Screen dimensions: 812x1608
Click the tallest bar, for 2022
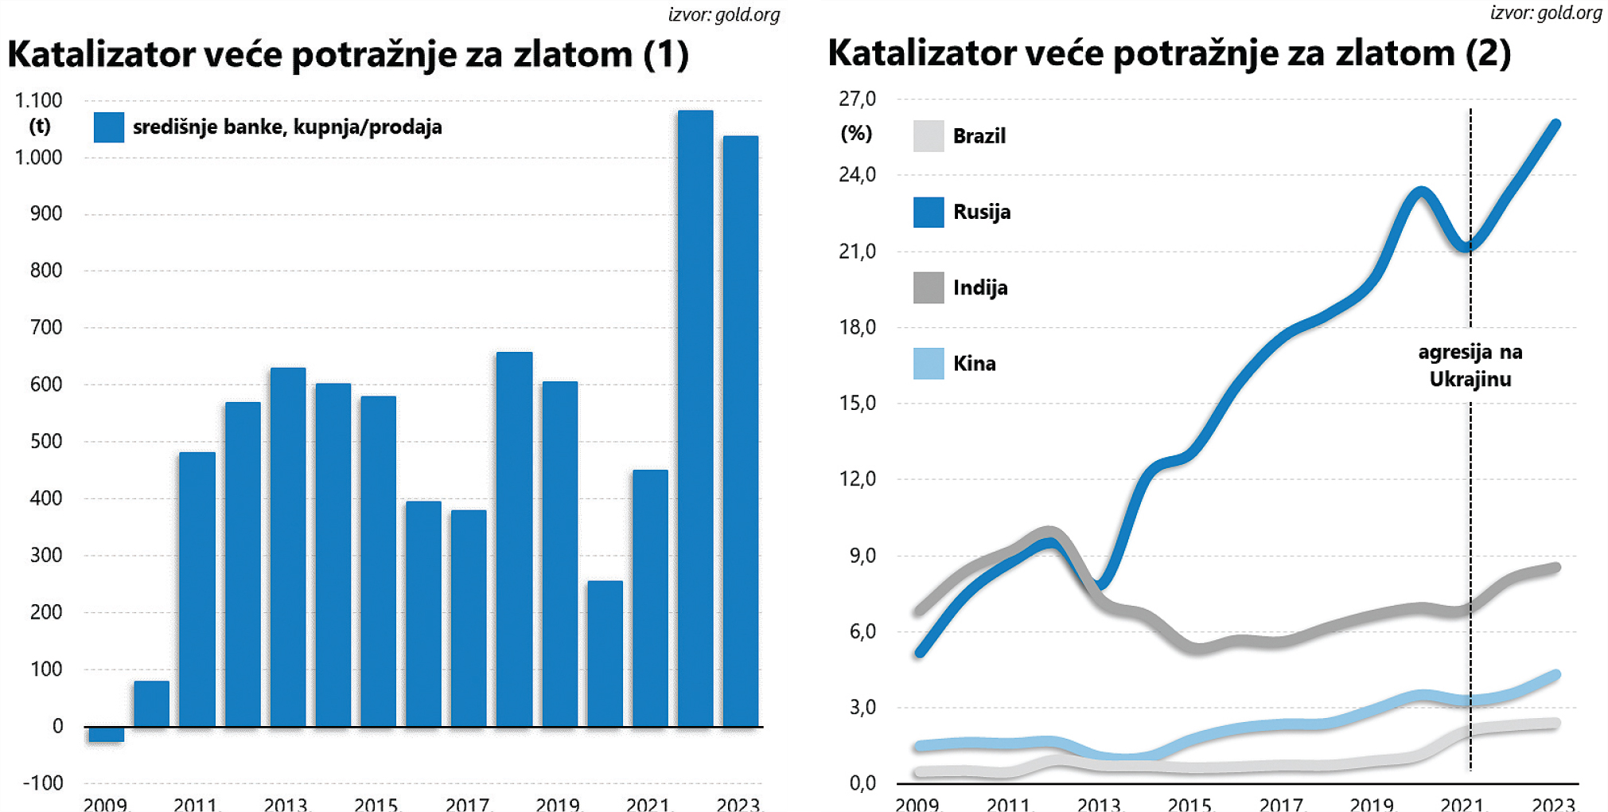(695, 418)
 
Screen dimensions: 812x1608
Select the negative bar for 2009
(106, 734)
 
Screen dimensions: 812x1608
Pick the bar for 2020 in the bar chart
(605, 654)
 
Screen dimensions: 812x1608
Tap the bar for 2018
(514, 539)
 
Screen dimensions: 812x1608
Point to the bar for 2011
(197, 589)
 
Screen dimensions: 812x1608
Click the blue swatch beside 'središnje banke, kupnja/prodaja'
(109, 127)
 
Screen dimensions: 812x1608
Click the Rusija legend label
(982, 212)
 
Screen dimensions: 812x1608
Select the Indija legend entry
(980, 287)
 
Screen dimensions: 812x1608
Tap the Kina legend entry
(974, 364)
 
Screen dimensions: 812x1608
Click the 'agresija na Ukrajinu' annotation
(1470, 365)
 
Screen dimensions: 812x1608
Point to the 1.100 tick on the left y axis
(38, 100)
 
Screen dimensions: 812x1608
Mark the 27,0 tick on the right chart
(857, 99)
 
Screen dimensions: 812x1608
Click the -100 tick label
(42, 783)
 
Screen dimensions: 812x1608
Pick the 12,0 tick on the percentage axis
(857, 478)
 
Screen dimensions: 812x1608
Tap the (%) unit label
(856, 133)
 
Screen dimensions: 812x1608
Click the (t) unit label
(40, 126)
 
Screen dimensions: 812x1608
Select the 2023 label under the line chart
(1553, 804)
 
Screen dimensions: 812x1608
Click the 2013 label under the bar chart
(286, 804)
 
